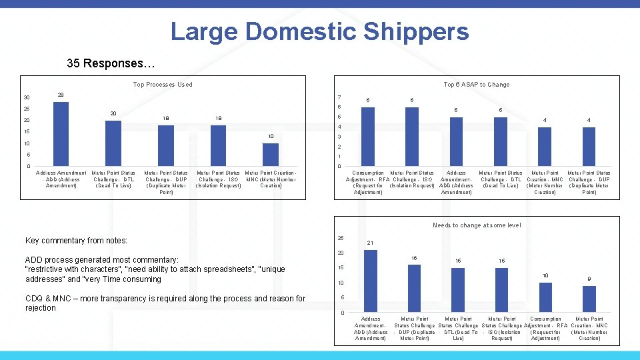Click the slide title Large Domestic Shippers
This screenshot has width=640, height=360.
pos(319,31)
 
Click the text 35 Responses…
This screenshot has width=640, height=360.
pos(111,64)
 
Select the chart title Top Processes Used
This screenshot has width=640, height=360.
pos(163,85)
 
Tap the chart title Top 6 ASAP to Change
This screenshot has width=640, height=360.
pos(477,85)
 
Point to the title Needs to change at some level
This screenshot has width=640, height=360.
pos(477,225)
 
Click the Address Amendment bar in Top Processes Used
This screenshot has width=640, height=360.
pos(61,133)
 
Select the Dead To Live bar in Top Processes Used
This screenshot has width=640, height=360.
pos(113,143)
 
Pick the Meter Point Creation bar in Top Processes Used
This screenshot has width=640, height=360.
pos(271,155)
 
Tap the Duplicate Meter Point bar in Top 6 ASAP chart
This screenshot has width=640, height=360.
pos(589,146)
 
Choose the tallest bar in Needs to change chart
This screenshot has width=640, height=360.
pos(371,281)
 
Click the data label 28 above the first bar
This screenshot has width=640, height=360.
pos(61,94)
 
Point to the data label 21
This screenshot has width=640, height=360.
pos(371,243)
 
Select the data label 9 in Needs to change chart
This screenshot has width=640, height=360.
pos(589,279)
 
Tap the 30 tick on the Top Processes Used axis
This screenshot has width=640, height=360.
pos(27,98)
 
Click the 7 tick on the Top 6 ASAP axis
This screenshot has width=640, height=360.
pos(339,97)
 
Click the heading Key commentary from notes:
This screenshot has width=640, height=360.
pos(76,241)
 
